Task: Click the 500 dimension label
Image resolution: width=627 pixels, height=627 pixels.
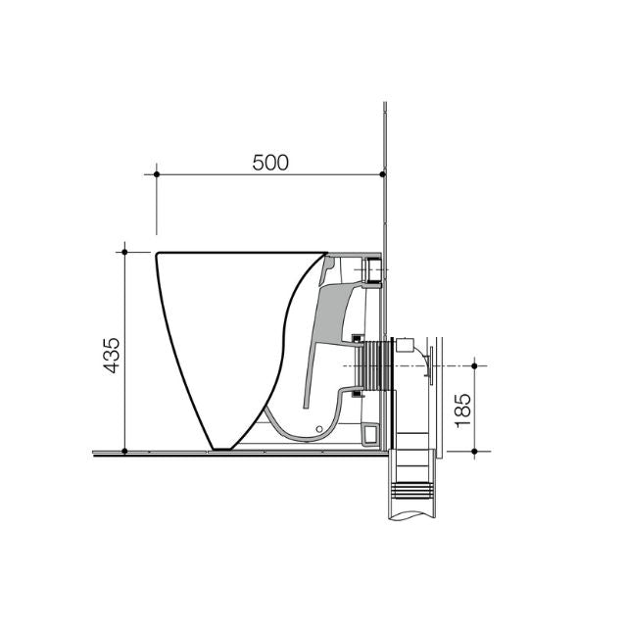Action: (270, 163)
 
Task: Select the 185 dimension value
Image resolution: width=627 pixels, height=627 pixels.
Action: (462, 408)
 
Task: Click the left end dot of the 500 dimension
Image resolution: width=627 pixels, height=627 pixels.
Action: (157, 174)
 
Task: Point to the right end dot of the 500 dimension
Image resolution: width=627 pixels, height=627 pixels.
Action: (381, 174)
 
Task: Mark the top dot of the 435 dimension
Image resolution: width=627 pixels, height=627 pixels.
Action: (124, 252)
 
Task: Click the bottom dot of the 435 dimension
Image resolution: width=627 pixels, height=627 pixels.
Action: (124, 452)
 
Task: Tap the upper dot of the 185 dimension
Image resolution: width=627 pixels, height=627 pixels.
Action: (474, 365)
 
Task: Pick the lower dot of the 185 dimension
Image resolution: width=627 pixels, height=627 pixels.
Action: (474, 452)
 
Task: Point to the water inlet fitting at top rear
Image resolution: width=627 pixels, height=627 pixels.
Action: (370, 268)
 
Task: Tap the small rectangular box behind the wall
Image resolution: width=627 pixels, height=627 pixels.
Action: (411, 347)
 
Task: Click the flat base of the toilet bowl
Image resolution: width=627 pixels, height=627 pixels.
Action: (224, 449)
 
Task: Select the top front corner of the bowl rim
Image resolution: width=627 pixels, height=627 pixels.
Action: (159, 254)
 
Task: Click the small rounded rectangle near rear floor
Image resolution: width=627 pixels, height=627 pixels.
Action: (369, 431)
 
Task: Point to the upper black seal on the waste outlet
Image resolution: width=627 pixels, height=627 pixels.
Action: (359, 339)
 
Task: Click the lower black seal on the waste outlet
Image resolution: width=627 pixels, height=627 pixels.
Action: (359, 394)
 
